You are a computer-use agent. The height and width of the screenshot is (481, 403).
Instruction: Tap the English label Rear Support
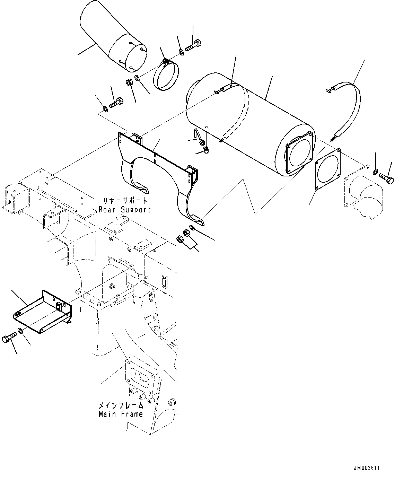[124, 209]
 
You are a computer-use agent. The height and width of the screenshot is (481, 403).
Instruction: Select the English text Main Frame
[121, 414]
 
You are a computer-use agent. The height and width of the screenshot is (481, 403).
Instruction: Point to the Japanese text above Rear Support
[124, 201]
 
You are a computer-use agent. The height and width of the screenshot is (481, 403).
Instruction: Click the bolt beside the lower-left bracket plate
[8, 337]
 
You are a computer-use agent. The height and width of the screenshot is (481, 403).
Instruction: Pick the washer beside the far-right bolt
[376, 172]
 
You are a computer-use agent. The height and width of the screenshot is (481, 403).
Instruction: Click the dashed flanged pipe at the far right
[362, 194]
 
